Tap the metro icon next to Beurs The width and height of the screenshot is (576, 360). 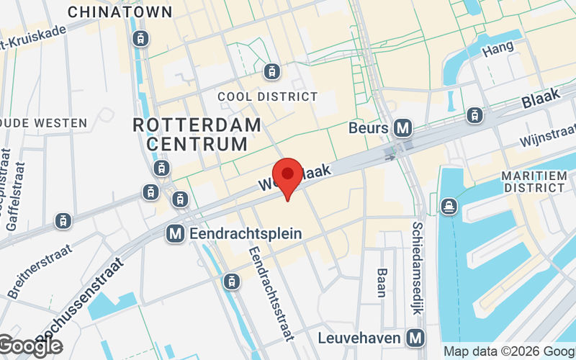point(402,128)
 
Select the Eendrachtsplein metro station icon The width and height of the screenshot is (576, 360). point(174,233)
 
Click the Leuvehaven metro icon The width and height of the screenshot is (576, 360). point(415,337)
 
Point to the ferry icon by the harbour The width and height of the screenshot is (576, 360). point(448,207)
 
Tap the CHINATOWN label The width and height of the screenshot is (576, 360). point(120,12)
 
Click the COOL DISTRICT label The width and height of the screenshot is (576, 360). point(267,96)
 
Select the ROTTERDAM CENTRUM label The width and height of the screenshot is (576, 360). point(197,134)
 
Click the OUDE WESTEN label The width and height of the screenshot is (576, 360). point(43,123)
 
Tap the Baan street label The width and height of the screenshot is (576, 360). point(382,283)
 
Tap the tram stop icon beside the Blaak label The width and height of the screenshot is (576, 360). point(474,114)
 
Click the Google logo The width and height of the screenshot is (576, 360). point(30,346)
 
